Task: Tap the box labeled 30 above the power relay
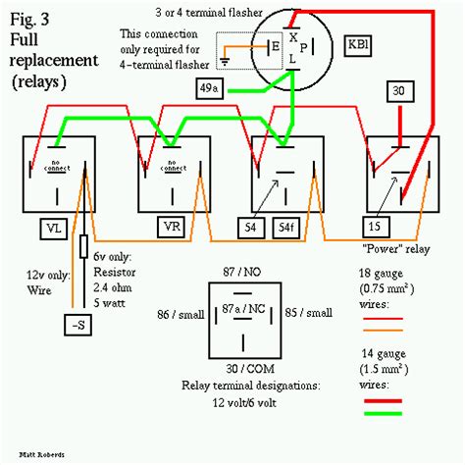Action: tap(398, 90)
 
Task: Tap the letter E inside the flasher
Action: tap(278, 44)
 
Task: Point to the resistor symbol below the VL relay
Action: tap(84, 245)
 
